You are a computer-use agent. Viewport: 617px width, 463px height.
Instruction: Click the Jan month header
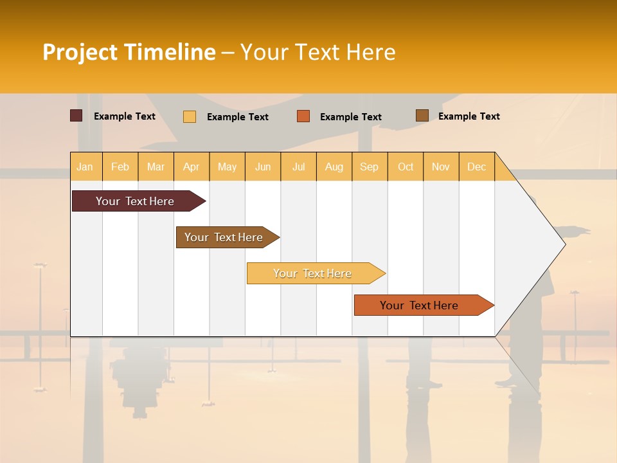coord(85,167)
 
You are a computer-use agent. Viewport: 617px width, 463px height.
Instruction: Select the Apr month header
coord(192,167)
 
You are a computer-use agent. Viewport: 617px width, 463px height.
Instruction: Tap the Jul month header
coord(299,167)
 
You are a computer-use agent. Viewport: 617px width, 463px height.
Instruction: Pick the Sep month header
coord(370,167)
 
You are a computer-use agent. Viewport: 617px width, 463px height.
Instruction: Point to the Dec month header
coord(476,167)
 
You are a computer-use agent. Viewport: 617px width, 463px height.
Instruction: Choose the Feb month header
coord(120,167)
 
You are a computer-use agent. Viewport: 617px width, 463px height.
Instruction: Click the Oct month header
coord(406,167)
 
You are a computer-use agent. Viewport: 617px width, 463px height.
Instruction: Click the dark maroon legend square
coord(76,116)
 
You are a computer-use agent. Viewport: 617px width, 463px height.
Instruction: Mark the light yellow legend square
coord(190,116)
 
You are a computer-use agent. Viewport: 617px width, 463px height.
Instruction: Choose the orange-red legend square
coord(303,116)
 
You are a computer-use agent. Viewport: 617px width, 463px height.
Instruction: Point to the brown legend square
coord(422,116)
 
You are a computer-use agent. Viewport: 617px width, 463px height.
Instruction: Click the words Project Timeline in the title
coord(129,52)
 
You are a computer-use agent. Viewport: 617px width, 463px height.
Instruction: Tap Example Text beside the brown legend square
coord(469,116)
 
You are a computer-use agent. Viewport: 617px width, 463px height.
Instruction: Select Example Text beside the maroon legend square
coord(125,116)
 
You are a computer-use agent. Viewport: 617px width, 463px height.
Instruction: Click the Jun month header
coord(263,167)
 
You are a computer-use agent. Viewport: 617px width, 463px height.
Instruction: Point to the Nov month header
coord(441,167)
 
